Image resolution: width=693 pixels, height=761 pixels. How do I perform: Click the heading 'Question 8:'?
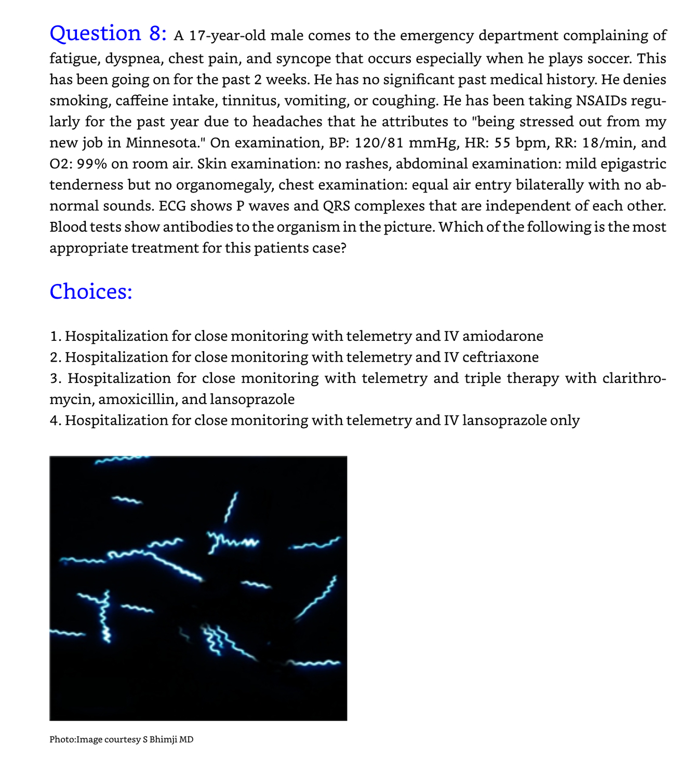pos(108,34)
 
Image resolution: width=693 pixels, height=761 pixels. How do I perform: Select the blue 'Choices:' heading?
pos(91,291)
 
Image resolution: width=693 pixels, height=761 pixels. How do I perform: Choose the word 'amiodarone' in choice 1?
pos(502,336)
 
